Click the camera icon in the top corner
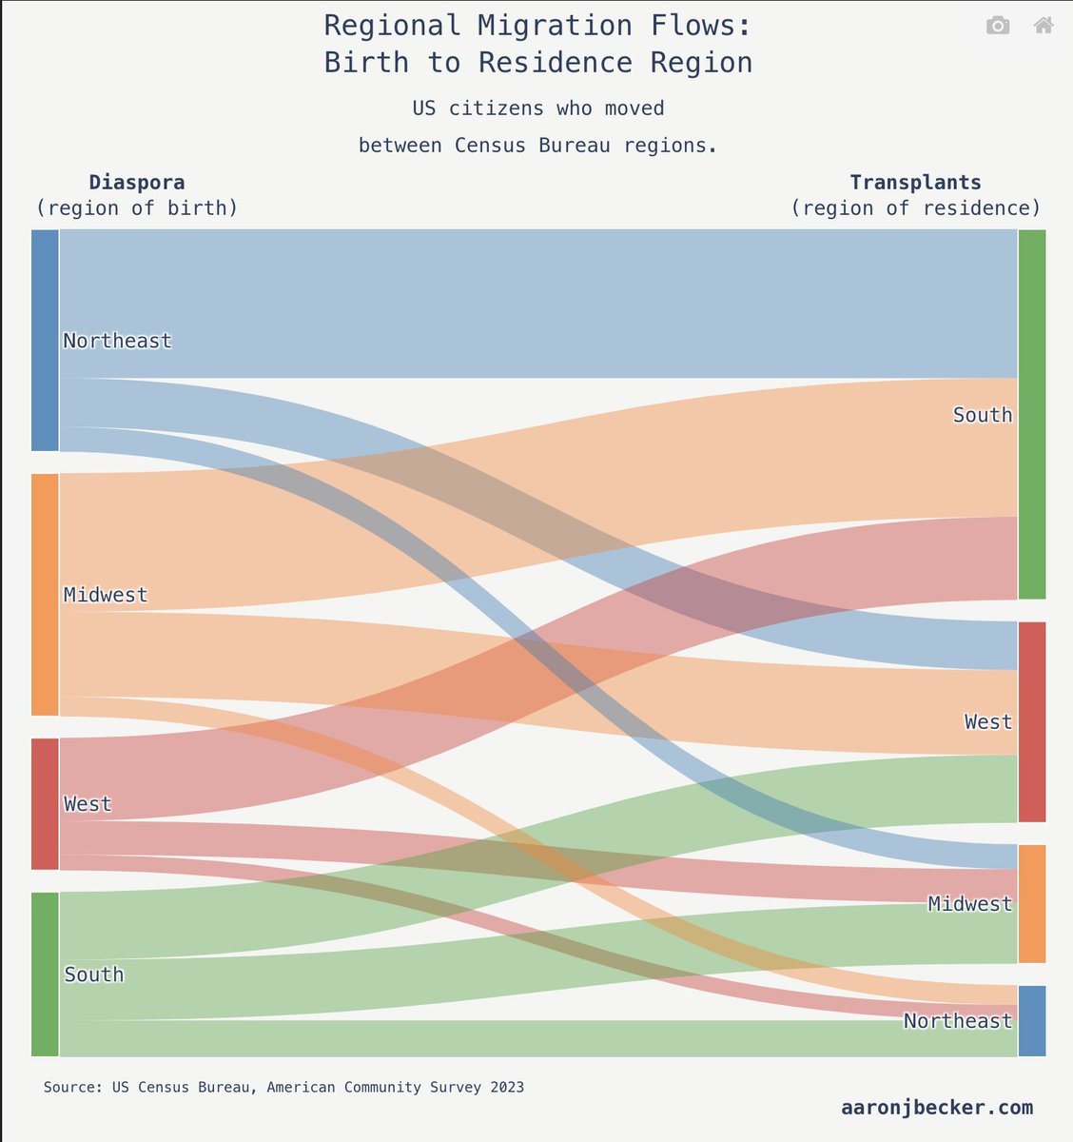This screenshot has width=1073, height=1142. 998,26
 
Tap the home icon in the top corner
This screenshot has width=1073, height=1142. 1044,26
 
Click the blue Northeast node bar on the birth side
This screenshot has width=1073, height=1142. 45,340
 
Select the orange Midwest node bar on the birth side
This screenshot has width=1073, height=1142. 45,594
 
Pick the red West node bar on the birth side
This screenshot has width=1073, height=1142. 45,803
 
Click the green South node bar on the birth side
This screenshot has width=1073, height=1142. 45,974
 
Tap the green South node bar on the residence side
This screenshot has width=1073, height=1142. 1032,414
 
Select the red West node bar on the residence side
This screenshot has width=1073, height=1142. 1032,721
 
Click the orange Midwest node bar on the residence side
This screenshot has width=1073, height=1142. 1032,903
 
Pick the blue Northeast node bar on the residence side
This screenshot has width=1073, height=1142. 1032,1020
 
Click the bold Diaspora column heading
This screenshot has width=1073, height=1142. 137,182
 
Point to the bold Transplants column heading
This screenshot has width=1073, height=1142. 915,182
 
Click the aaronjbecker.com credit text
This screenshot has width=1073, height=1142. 936,1107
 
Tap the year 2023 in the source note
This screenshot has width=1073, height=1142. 505,1087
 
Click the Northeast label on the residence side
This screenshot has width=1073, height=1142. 958,1020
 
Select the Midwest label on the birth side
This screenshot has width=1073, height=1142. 106,595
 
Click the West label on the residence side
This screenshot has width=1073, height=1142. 988,721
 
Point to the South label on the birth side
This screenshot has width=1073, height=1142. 94,974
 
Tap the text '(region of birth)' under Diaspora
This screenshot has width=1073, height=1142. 137,207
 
